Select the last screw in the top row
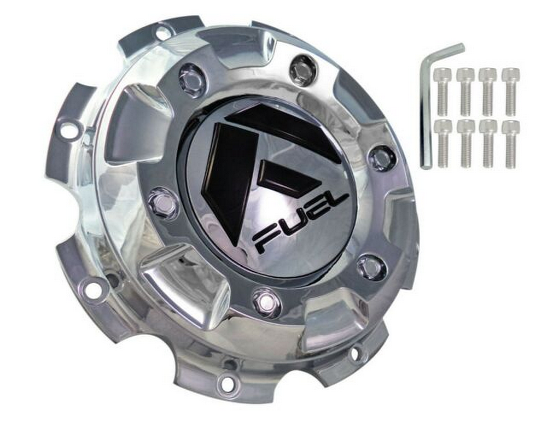510,91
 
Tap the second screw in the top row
465,91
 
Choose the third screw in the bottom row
488,143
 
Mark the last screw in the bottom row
510,143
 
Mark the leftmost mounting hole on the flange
69,130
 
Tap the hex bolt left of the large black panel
162,203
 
